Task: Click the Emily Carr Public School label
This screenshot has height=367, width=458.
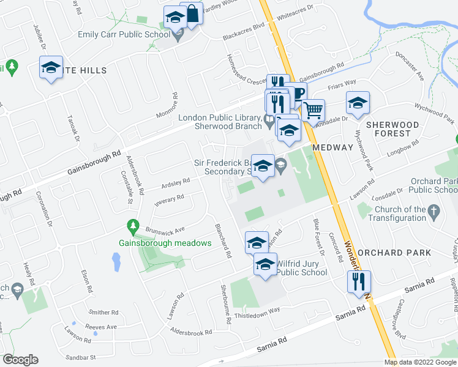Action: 124,34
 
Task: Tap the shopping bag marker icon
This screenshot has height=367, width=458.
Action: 192,14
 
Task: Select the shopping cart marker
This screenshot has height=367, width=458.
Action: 313,111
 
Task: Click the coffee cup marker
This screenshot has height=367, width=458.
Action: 296,93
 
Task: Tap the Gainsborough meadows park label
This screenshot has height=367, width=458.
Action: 165,243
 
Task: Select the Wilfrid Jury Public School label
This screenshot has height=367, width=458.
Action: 301,268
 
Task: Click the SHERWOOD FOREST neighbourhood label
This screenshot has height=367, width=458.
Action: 392,128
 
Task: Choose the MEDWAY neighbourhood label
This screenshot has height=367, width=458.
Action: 332,147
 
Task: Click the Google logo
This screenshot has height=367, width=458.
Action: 20,360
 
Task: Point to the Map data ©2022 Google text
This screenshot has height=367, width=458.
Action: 421,362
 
